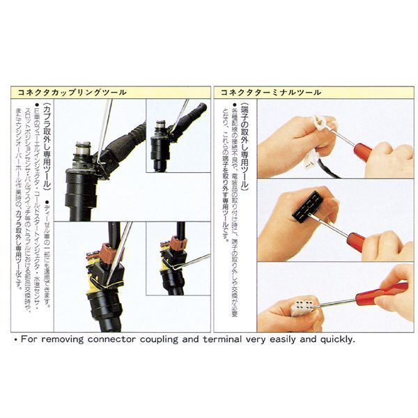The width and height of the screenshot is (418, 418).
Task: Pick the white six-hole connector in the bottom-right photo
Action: (x=301, y=306)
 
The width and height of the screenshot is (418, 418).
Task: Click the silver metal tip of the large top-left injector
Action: (x=82, y=150)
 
